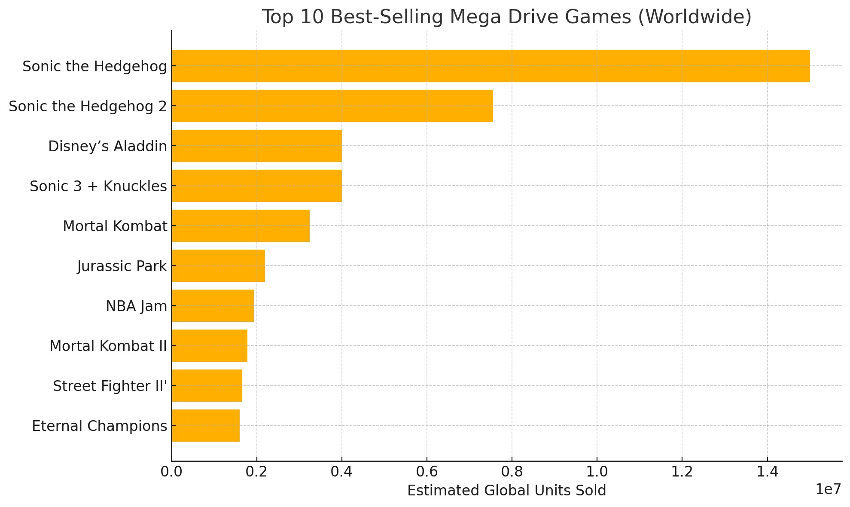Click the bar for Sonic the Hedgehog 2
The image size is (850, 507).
[x=332, y=106]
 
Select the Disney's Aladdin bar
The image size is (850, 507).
[x=256, y=146]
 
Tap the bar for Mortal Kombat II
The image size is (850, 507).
[x=209, y=345]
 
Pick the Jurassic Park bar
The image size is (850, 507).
[x=218, y=266]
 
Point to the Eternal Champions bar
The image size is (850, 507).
[x=205, y=425]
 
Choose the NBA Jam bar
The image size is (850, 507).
[x=213, y=305]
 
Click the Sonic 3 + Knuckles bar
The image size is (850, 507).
[x=256, y=186]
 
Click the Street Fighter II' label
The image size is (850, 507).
[x=110, y=386]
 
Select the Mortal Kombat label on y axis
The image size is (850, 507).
[x=115, y=226]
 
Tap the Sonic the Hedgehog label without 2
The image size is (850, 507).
[x=94, y=67]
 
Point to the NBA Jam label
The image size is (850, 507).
[x=136, y=306]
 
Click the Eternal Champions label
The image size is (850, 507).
[x=99, y=426]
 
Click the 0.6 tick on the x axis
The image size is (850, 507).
[x=427, y=471]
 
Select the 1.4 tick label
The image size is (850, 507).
[x=767, y=471]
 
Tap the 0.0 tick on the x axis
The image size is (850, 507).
[x=171, y=471]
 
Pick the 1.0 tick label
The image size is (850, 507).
[x=597, y=471]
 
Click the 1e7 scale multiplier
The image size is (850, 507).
[x=828, y=489]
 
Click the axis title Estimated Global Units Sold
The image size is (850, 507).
[x=506, y=490]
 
